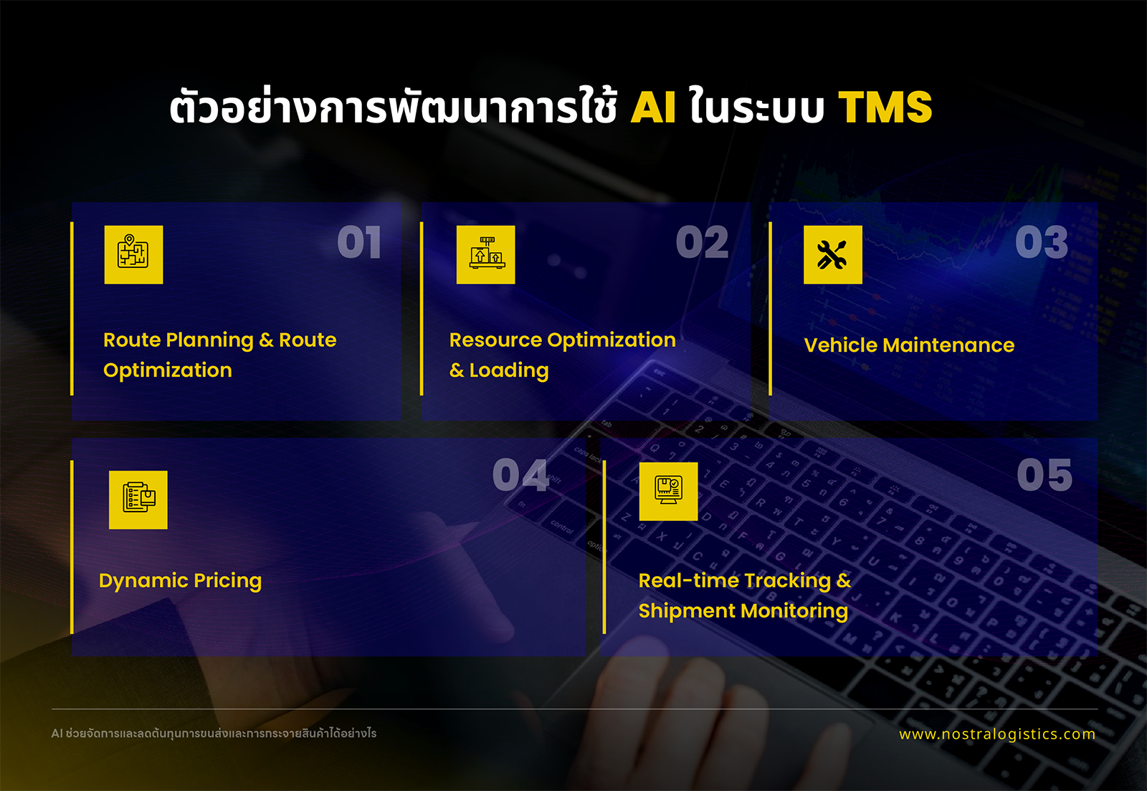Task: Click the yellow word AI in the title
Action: [653, 107]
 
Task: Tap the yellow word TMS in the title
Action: [885, 107]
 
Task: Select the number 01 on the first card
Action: [359, 242]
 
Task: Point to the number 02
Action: [702, 242]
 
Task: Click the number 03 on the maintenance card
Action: [1042, 242]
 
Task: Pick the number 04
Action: [520, 475]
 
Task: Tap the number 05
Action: [1044, 475]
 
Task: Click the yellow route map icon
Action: [133, 255]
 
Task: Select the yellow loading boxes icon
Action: [486, 255]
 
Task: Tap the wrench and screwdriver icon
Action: [833, 255]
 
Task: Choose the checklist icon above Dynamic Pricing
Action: [138, 500]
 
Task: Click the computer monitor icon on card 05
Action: [669, 492]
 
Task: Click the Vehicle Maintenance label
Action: [910, 345]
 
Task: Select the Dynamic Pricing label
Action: [180, 581]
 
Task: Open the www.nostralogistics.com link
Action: [997, 734]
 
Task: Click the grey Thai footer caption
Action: [214, 733]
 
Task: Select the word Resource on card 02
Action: [495, 340]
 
